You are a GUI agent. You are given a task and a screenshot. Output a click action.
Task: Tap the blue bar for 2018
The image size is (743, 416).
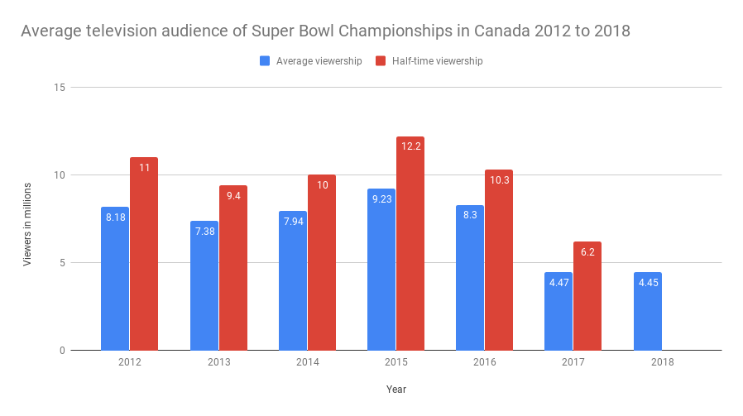click(648, 312)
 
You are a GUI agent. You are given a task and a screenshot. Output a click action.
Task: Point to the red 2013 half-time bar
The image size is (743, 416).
click(233, 268)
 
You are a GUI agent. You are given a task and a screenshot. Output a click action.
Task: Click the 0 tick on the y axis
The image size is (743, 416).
click(60, 351)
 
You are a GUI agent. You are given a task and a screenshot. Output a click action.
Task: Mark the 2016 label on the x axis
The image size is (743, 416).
click(485, 362)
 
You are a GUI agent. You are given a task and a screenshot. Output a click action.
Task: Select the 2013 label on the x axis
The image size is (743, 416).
click(218, 362)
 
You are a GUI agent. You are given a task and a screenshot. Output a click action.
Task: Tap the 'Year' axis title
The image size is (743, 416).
click(395, 389)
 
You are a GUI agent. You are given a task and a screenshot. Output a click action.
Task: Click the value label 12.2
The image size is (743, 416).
click(410, 146)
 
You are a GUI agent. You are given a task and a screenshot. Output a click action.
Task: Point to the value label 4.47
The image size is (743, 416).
click(558, 282)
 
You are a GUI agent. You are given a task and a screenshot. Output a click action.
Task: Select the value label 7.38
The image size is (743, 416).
click(204, 231)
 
